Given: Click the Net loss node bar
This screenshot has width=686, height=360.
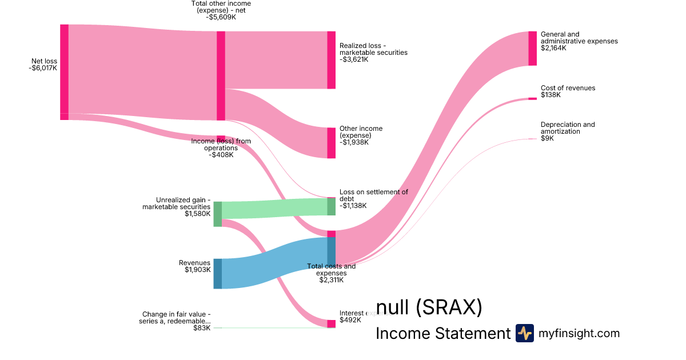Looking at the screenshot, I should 64,71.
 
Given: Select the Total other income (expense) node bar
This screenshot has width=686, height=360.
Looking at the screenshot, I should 221,75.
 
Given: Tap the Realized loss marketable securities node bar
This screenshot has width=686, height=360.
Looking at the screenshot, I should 331,60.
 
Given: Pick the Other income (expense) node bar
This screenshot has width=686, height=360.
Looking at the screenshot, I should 331,143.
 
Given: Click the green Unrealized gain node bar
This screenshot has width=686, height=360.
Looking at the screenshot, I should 217,214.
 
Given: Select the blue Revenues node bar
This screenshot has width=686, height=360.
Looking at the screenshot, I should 217,274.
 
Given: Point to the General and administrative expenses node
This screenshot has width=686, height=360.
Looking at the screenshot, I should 532,49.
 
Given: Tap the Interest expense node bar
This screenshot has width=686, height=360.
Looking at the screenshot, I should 331,324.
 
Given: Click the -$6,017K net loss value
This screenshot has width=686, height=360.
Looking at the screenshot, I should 43,68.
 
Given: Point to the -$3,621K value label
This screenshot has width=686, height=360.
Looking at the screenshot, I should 354,59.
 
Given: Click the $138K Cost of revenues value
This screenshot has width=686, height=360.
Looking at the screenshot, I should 551,95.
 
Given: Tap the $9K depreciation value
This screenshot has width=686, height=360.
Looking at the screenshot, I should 547,138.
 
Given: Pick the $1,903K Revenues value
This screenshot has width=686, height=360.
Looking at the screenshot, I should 197,270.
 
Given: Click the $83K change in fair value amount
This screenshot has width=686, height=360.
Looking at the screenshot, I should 201,328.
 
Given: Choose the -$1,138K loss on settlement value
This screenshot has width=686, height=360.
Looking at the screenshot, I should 354,206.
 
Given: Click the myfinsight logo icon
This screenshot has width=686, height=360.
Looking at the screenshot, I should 524,333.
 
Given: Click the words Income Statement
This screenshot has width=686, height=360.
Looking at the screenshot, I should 442,333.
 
